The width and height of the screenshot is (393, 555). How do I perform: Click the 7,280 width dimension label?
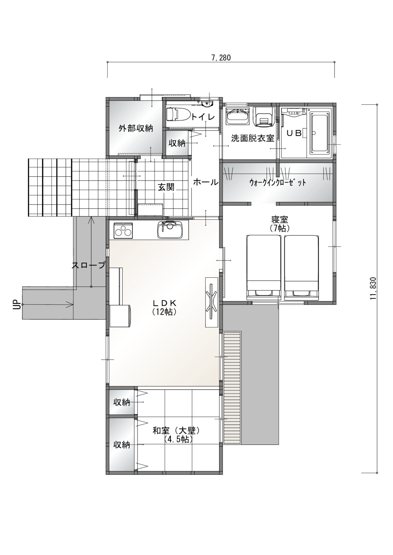point(221,58)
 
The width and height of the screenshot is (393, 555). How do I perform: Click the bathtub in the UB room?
point(320,133)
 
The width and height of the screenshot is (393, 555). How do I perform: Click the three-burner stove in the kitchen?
point(123,230)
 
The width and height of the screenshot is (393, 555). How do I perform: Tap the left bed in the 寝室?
point(264,267)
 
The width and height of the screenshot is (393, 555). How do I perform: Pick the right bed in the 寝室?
point(302,267)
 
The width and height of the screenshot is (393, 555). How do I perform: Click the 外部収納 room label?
point(136,128)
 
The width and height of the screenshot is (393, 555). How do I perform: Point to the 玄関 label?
point(166,187)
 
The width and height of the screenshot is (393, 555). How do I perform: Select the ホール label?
point(205,182)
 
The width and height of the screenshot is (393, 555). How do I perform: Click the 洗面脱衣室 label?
point(253,138)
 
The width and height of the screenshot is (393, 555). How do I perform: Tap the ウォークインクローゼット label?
point(278,183)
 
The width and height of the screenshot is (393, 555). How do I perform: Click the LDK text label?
point(164,303)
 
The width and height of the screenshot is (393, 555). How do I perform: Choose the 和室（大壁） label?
point(177,431)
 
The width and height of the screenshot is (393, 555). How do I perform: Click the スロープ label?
point(89,265)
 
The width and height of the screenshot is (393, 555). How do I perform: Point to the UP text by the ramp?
point(17,305)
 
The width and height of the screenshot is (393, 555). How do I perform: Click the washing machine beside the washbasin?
point(264,117)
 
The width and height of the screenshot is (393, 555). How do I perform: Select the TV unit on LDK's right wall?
point(212,302)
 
